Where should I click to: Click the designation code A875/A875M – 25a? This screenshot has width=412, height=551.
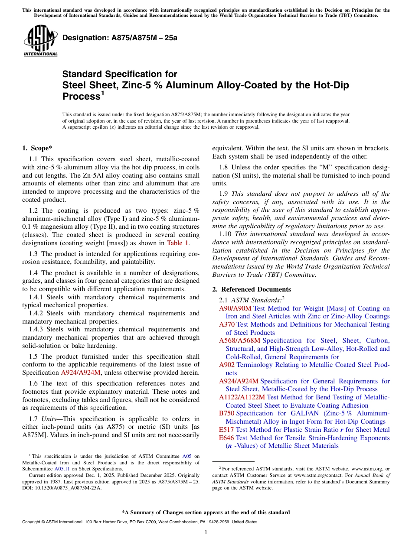pos(120,38)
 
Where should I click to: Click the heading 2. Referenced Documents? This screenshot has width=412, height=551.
pos(252,289)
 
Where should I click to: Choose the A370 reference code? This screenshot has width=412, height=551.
pos(227,324)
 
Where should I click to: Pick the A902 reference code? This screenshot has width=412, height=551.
pos(227,365)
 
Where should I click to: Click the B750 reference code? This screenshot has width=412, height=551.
pos(227,413)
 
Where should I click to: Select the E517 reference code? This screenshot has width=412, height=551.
pos(226,430)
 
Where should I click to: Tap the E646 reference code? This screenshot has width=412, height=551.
pos(226,438)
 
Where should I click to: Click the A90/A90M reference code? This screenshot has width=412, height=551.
pos(235,308)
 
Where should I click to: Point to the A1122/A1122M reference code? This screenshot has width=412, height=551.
pos(242,397)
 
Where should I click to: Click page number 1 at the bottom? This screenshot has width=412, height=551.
pos(206,532)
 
